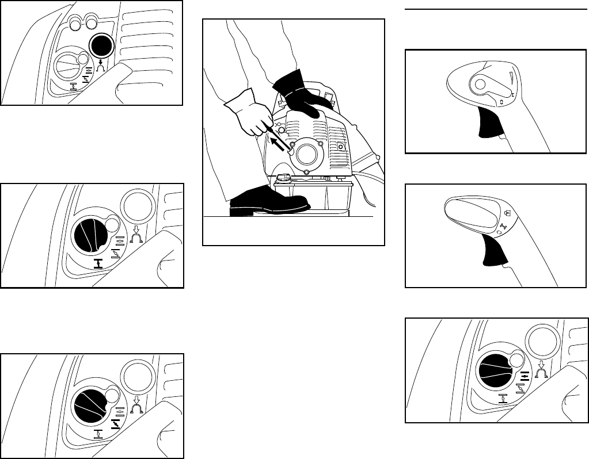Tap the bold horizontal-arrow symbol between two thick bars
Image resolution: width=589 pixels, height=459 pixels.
525,377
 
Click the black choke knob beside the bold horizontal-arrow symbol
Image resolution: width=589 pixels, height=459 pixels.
498,370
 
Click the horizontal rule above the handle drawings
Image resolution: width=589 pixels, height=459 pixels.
496,9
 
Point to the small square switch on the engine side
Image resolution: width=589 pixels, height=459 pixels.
341,147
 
